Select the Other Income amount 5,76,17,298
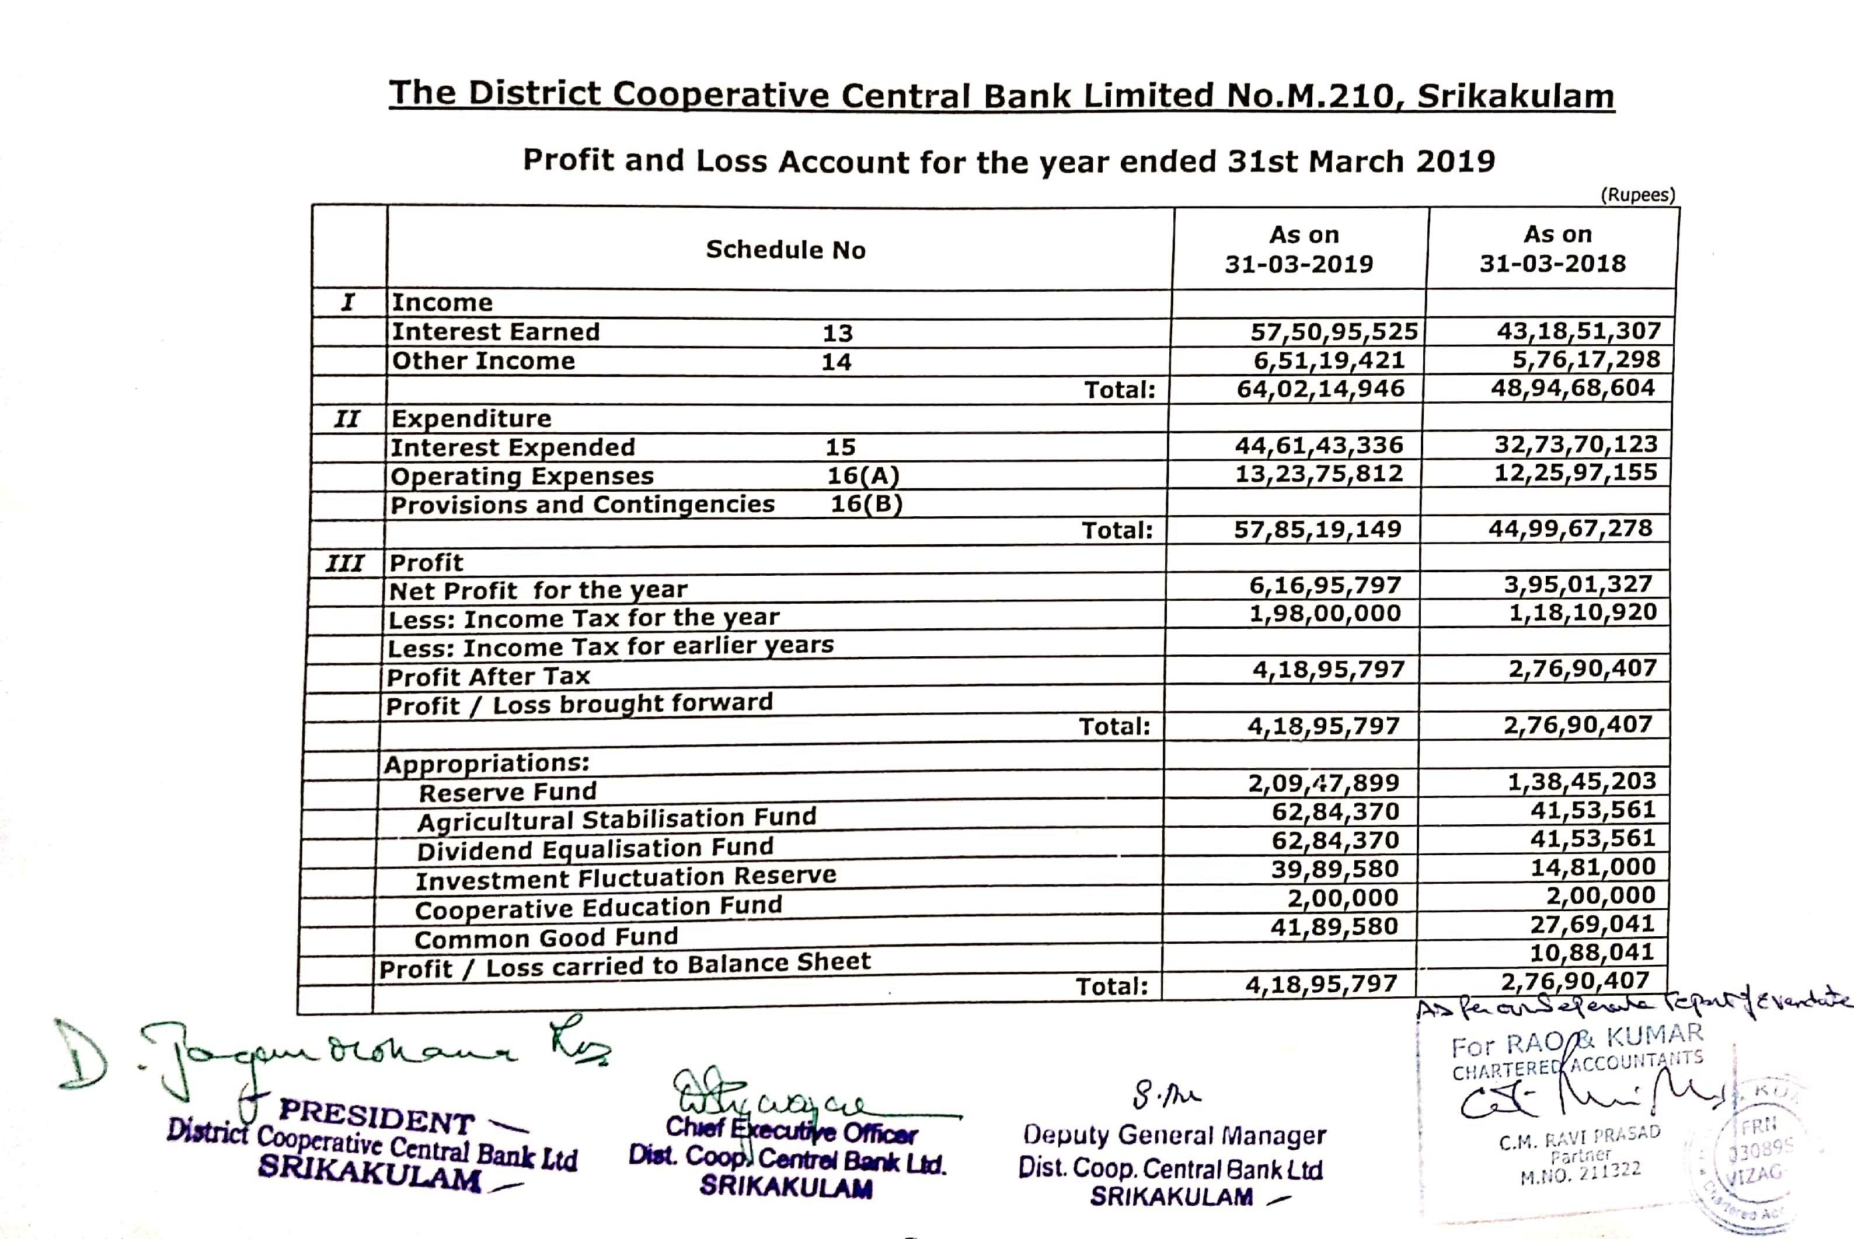click(x=1586, y=359)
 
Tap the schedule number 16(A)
click(x=863, y=475)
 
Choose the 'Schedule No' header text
click(x=785, y=250)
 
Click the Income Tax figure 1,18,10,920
click(x=1583, y=612)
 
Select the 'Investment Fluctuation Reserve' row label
click(x=625, y=878)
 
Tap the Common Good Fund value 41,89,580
click(x=1334, y=926)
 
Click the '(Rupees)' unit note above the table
click(x=1637, y=195)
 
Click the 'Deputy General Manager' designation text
click(x=1174, y=1136)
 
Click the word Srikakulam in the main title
click(x=1515, y=96)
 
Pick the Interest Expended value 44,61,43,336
click(x=1319, y=445)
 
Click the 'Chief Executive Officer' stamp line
click(x=792, y=1130)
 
